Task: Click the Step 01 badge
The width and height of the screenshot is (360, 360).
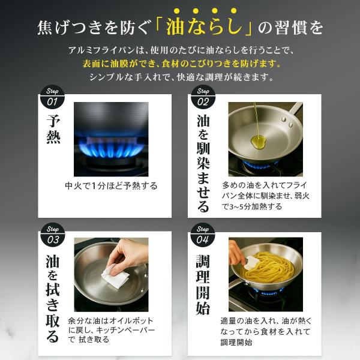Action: (x=52, y=97)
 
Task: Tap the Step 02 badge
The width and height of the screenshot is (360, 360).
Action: (x=203, y=97)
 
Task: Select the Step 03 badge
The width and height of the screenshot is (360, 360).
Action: (x=53, y=235)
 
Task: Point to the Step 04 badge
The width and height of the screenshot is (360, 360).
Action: (x=203, y=235)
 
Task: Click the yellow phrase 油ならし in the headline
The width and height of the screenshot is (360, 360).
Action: (x=205, y=27)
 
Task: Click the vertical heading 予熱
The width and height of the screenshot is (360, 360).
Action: (x=53, y=129)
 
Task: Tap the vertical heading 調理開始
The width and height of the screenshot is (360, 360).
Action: (x=203, y=284)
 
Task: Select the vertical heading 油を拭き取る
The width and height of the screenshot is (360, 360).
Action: (x=53, y=299)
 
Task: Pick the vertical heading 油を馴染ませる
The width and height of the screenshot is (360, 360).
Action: (x=203, y=163)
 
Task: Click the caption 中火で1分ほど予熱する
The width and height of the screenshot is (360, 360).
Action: (x=111, y=186)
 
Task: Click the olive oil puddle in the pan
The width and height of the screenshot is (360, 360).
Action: (x=258, y=141)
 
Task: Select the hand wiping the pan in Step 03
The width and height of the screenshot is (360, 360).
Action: (x=128, y=256)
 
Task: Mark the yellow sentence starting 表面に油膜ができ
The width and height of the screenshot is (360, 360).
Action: (x=181, y=64)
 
